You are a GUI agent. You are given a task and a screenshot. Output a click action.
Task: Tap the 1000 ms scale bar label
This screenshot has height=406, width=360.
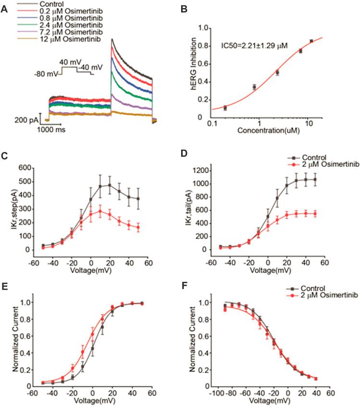[x=51, y=129]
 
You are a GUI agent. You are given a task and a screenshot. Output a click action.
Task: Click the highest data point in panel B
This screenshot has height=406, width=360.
[x=311, y=41]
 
